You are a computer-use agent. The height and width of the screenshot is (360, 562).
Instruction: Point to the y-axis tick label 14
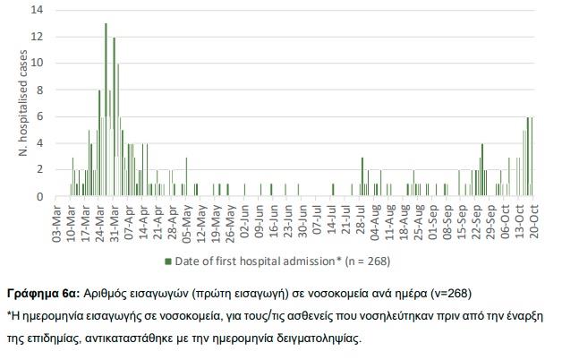tap(37, 11)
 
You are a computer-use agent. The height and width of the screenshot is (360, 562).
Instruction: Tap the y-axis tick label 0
tap(38, 197)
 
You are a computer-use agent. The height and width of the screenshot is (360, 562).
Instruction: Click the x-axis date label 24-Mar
tap(102, 220)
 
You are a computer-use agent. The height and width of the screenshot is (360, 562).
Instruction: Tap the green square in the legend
tap(166, 261)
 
